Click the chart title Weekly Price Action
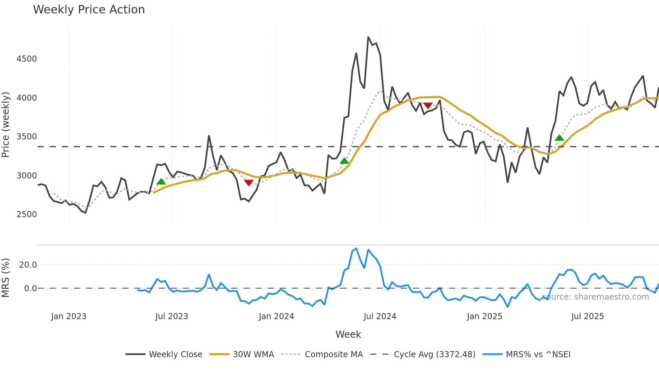89,10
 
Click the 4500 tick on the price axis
27,59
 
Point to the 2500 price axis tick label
27,214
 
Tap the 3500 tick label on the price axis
27,137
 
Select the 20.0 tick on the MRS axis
28,265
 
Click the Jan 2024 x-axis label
276,316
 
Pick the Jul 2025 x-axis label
587,316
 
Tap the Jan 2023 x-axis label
69,316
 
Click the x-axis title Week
348,334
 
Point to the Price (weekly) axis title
6,125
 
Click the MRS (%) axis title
6,278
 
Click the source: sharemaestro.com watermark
595,297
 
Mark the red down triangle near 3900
428,106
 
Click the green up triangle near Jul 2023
161,182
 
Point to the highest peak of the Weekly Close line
368,37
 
